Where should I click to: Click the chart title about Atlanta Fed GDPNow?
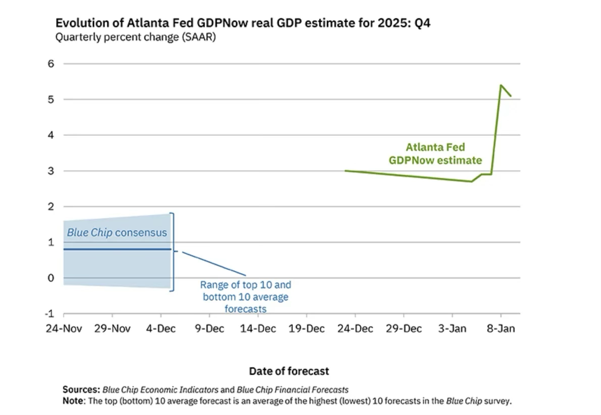(x=242, y=23)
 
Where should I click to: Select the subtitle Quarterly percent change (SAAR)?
(x=135, y=37)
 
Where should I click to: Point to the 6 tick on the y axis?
(x=51, y=64)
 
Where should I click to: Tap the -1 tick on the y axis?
(x=49, y=314)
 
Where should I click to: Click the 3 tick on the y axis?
(x=51, y=171)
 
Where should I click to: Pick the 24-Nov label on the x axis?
(x=64, y=329)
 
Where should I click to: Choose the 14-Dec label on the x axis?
(x=258, y=329)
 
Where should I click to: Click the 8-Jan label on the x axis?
(x=500, y=329)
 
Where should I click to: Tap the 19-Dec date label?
(x=307, y=329)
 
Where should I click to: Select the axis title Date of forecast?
(x=289, y=372)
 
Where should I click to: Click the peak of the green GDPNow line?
(x=500, y=85)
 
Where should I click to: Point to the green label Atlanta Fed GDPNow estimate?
(x=435, y=153)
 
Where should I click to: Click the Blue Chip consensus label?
(x=117, y=233)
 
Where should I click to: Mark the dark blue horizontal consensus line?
(x=117, y=249)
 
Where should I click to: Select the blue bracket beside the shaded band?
(x=173, y=251)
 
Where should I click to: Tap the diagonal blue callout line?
(x=214, y=263)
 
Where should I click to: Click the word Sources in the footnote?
(x=81, y=390)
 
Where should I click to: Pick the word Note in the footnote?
(x=74, y=401)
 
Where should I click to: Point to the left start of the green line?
(x=346, y=171)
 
